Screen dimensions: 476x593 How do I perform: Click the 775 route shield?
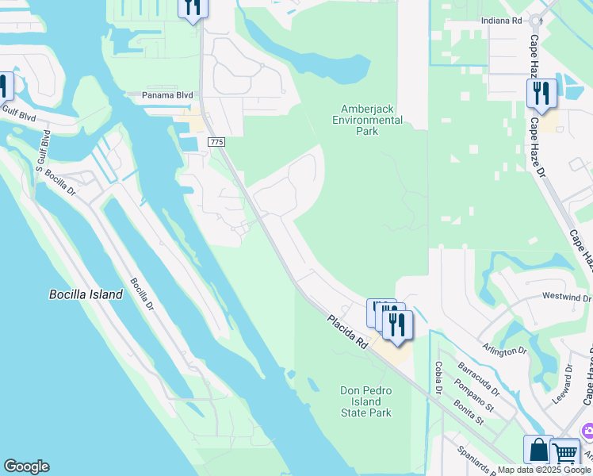(216, 141)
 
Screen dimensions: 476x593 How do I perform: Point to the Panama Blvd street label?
(167, 95)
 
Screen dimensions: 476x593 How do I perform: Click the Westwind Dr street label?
(566, 297)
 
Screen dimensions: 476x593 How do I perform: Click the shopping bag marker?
(538, 450)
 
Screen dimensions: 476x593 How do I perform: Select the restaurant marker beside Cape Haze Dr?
(541, 94)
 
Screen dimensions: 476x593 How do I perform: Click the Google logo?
(26, 466)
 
